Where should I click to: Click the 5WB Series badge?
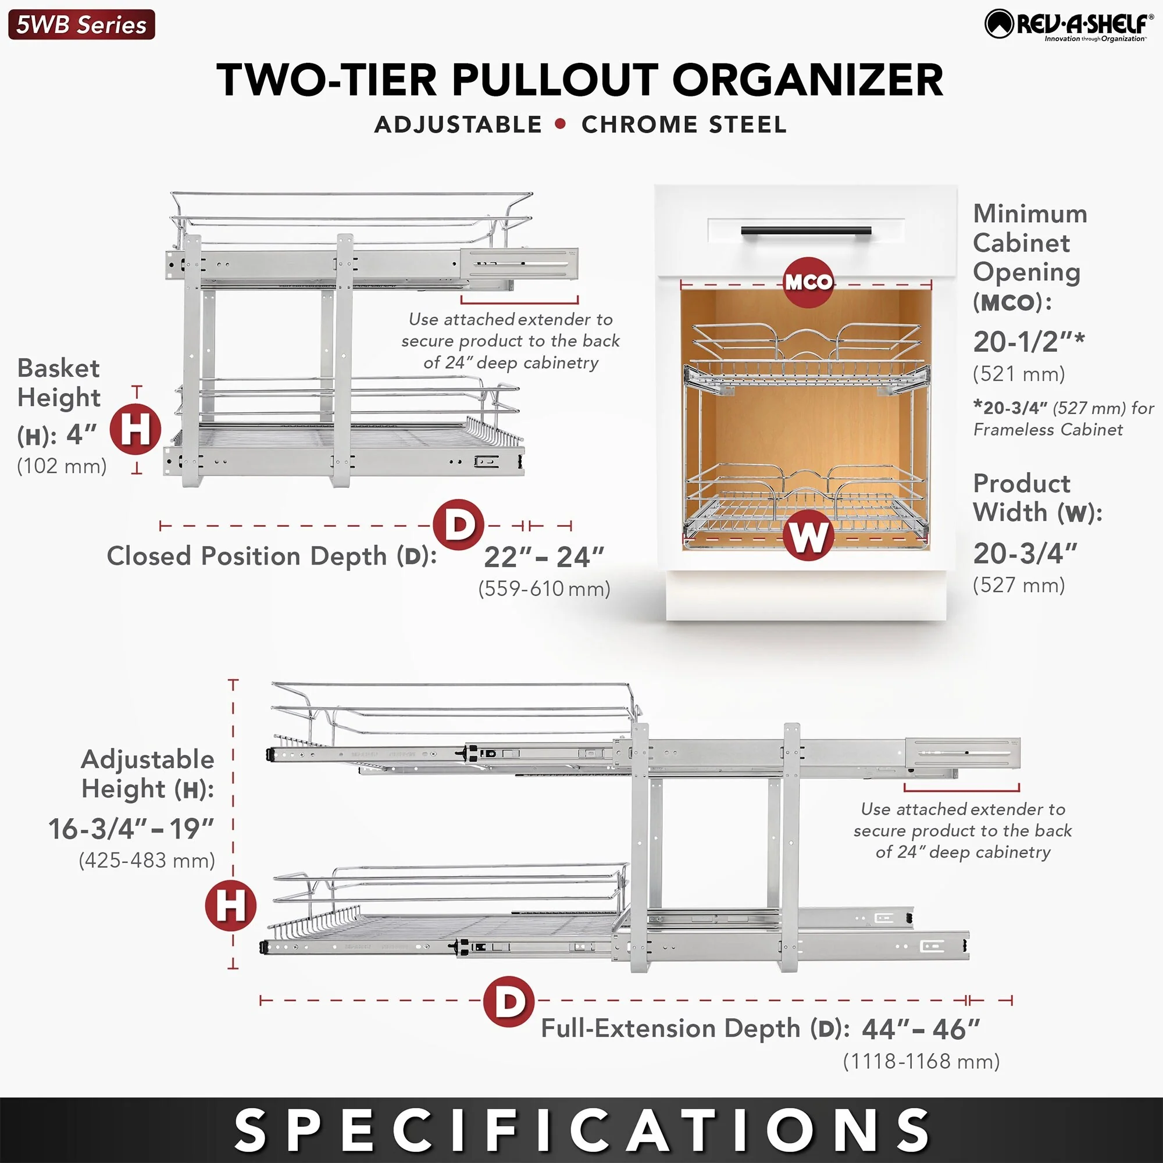point(81,24)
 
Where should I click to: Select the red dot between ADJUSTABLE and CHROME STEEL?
point(561,124)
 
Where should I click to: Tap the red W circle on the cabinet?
point(808,535)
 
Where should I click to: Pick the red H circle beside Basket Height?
point(135,430)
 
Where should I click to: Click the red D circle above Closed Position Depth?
point(459,525)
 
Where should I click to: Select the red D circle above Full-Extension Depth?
point(509,1001)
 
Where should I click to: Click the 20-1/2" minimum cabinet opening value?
point(1028,342)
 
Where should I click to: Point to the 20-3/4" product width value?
point(1025,553)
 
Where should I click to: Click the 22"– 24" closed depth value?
point(544,557)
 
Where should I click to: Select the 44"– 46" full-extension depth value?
point(921,1029)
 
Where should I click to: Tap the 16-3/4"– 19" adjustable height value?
point(131,829)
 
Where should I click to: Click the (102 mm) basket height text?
point(62,465)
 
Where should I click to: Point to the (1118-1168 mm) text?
point(921,1061)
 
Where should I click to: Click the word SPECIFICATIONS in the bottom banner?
point(581,1130)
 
